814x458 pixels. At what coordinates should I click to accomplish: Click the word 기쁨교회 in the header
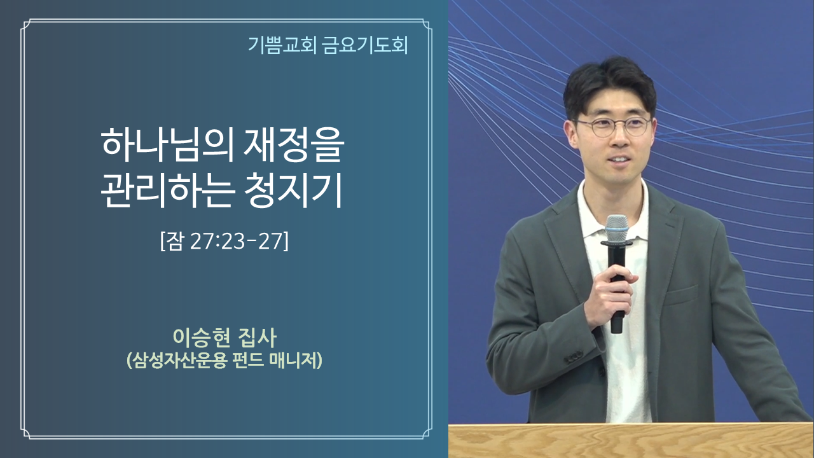[x=282, y=45]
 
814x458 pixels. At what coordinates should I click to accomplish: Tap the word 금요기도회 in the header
[x=366, y=45]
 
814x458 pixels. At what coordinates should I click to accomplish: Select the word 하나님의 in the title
[x=167, y=146]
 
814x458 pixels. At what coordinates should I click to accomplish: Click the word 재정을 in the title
[x=293, y=146]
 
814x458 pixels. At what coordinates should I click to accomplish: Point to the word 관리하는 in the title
[x=167, y=190]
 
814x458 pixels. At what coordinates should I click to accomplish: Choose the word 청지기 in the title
[x=293, y=190]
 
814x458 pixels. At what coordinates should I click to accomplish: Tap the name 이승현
[x=202, y=337]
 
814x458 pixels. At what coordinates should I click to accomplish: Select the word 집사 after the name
[x=258, y=337]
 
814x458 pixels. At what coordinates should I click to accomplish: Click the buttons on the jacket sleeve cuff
[x=574, y=357]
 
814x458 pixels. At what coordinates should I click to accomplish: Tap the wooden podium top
[x=631, y=440]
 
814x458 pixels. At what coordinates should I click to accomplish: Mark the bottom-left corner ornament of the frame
[x=26, y=434]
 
